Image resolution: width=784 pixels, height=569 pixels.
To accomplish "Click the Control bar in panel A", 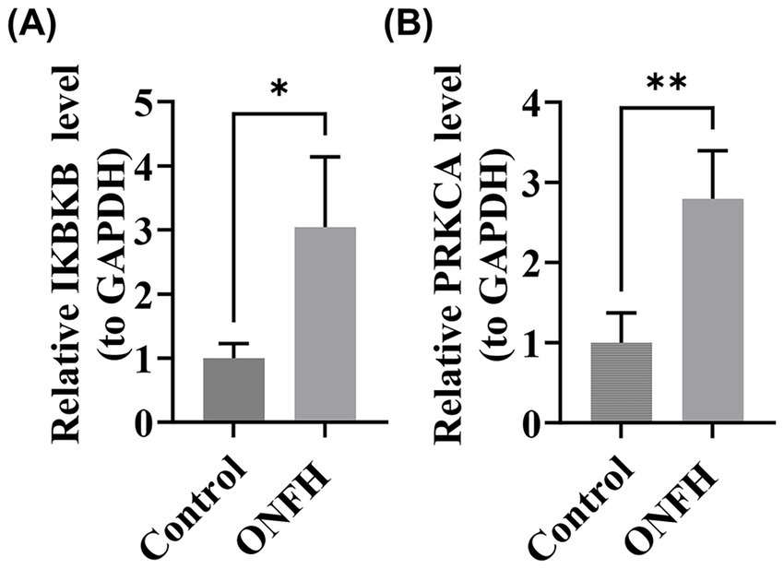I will tap(233, 390).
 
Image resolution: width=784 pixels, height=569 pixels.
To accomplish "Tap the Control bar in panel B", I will tap(621, 383).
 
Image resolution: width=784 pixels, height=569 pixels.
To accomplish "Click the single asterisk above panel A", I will tap(279, 90).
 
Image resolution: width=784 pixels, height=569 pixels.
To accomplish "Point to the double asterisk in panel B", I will tap(666, 84).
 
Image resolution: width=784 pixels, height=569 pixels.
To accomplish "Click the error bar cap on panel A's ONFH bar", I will tap(326, 157).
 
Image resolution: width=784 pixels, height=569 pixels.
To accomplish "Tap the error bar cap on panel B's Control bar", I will tap(621, 313).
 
